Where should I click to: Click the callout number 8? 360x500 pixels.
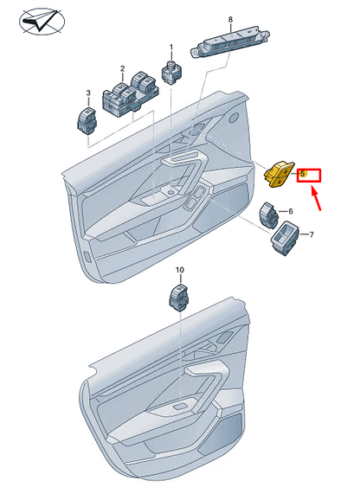(x=230, y=19)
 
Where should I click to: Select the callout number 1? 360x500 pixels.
(x=171, y=48)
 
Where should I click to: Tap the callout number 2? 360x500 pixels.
(x=122, y=68)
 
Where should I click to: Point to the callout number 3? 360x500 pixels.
(x=88, y=93)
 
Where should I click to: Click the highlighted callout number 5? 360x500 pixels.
(x=303, y=174)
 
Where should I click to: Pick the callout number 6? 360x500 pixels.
(x=291, y=211)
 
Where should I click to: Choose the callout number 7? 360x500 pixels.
(x=312, y=234)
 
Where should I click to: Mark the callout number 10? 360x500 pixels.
(x=180, y=270)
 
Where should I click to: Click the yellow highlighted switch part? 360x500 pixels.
(x=279, y=174)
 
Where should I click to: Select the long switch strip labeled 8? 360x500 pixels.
(x=230, y=42)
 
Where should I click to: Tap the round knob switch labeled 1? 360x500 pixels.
(x=172, y=72)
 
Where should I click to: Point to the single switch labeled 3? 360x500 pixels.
(x=87, y=121)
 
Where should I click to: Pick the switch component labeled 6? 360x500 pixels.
(x=269, y=215)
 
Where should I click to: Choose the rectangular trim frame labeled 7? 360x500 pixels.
(x=285, y=238)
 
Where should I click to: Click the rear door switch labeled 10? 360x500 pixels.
(x=178, y=297)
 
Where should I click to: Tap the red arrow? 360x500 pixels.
(x=316, y=200)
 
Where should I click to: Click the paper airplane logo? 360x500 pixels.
(x=42, y=22)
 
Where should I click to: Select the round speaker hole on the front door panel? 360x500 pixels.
(x=235, y=117)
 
